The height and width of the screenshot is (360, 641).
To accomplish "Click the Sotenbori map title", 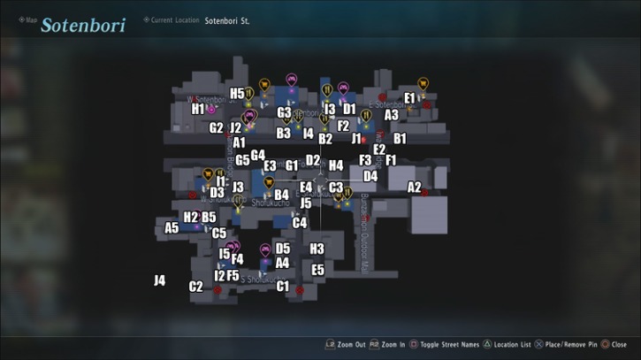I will coord(82,24).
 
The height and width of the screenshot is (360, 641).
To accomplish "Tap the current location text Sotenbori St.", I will coord(227,20).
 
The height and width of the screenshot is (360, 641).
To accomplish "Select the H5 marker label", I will coord(237,94).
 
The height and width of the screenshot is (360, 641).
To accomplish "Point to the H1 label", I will coord(198,110).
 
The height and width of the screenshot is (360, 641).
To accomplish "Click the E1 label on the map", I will coord(409,98).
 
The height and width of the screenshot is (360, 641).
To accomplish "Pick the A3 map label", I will coord(391,115).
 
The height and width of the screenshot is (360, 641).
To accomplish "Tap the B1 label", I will coord(400,139).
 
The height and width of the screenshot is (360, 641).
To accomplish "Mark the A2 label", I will coord(414,188).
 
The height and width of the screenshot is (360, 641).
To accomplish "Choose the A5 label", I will coord(172,228).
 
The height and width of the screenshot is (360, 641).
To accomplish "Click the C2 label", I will coord(196,287).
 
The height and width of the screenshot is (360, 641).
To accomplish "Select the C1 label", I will coord(283,287).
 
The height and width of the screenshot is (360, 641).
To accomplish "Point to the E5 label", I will coord(318,270).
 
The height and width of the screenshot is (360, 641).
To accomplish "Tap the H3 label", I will coord(317,249).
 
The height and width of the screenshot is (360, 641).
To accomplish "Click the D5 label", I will coord(283,249).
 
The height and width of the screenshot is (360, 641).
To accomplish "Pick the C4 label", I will coord(300,223).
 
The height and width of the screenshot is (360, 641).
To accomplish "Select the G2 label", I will coord(216,128).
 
